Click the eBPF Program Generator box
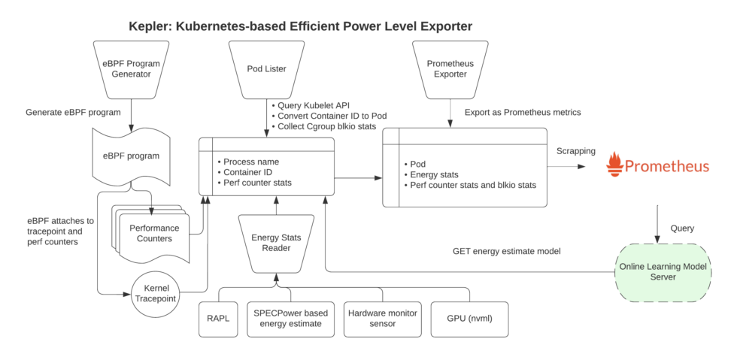pyautogui.click(x=132, y=69)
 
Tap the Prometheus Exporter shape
pyautogui.click(x=450, y=69)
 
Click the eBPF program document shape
pyautogui.click(x=132, y=156)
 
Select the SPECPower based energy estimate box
pyautogui.click(x=290, y=318)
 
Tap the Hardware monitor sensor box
pyautogui.click(x=382, y=318)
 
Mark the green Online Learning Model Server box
pyautogui.click(x=663, y=273)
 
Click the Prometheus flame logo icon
pyautogui.click(x=615, y=164)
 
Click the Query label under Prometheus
pyautogui.click(x=682, y=228)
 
